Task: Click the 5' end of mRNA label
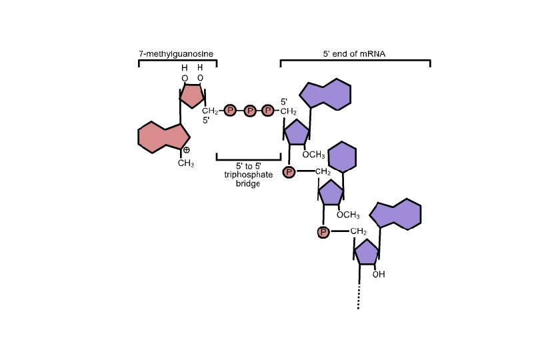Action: pos(355,53)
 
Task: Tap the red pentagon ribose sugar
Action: pos(192,95)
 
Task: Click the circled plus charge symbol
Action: pos(187,150)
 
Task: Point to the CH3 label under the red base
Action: pos(185,163)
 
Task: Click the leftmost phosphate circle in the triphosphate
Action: pos(230,111)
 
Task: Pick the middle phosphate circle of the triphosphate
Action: pos(249,111)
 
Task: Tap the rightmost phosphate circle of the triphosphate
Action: pos(268,111)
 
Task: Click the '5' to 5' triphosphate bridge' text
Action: pos(247,174)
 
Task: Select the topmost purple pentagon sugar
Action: pos(297,132)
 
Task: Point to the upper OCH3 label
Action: pos(313,155)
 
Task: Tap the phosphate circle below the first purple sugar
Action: pos(289,173)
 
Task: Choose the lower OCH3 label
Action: pos(348,215)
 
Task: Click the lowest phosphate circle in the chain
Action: pos(323,232)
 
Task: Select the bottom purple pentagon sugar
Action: pos(367,253)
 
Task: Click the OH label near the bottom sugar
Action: pos(379,274)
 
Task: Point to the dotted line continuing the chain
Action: pos(359,295)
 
